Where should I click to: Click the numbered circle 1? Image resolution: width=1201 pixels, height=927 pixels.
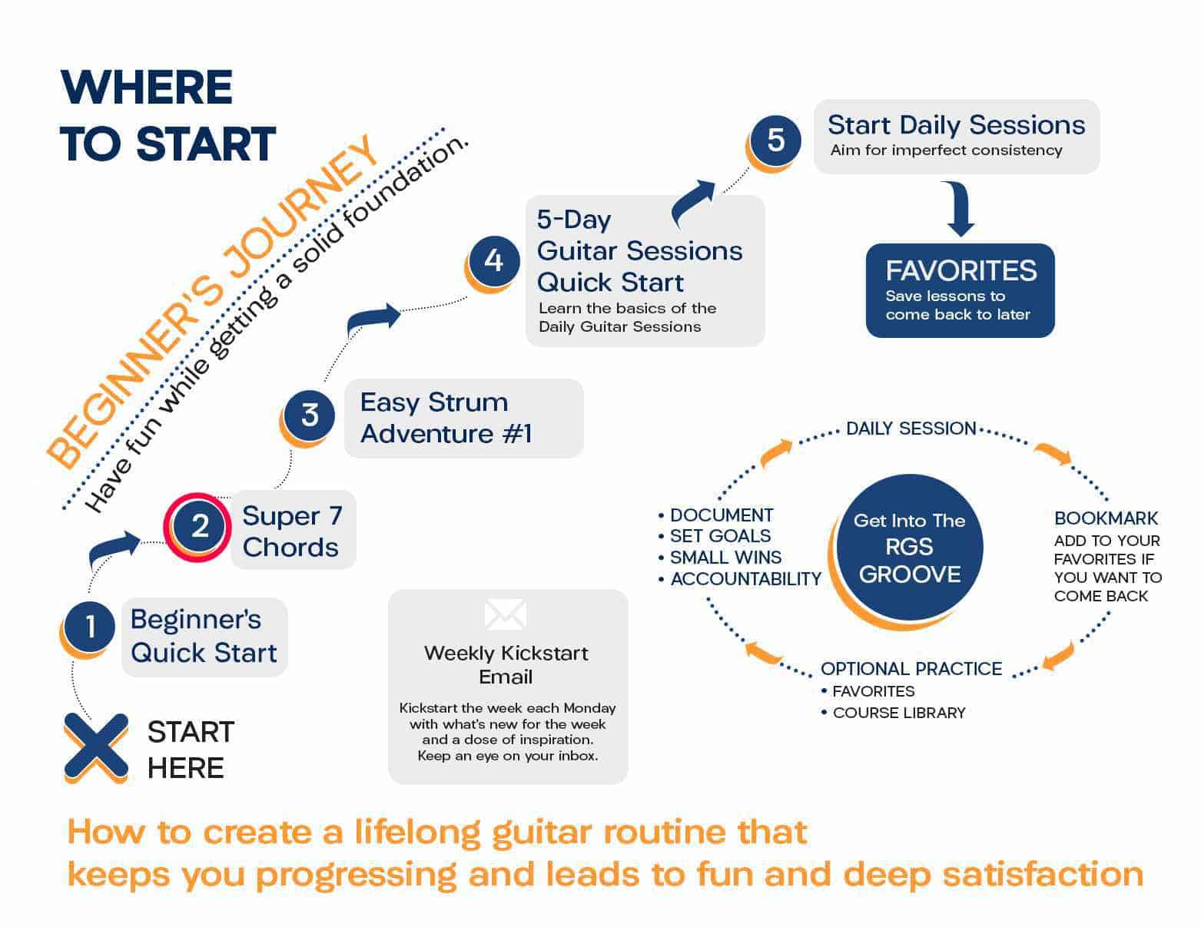pos(89,627)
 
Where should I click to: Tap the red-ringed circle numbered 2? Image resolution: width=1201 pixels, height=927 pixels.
pos(199,526)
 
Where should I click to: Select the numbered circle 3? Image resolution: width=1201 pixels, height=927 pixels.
pos(309,415)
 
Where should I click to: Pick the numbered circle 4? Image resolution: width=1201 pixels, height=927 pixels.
pos(493,261)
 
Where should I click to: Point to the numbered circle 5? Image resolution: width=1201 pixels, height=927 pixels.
pos(775,140)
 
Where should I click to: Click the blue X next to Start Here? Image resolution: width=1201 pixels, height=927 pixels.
pos(96,747)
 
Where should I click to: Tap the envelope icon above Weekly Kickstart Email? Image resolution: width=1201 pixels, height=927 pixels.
pos(506,614)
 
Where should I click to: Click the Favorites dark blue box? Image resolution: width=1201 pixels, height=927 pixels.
pos(960,290)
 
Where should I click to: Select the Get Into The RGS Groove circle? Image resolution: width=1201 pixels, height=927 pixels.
pos(909,547)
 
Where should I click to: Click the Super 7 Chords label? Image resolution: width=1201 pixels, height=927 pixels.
pos(292,531)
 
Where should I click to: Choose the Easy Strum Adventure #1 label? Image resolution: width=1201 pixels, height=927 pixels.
pos(446,418)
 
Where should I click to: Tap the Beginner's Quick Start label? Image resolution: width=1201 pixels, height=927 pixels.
pos(203,636)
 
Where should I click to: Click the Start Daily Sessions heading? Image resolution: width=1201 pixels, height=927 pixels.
pos(956,125)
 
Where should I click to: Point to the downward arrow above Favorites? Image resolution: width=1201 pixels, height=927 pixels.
pos(960,210)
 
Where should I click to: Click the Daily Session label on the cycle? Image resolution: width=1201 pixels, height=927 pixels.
pos(911,429)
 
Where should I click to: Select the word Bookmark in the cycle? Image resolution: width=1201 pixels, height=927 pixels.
pos(1106,518)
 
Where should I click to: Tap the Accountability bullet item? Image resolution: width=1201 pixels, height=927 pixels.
pos(745,579)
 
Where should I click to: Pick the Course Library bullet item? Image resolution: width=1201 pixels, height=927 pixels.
pos(898,713)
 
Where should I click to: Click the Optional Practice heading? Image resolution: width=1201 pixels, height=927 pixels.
pos(911,669)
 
